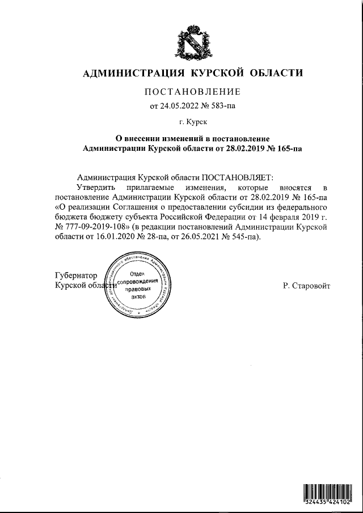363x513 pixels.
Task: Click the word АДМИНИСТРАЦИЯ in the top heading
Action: point(132,73)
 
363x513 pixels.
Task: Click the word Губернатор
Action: point(76,275)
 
